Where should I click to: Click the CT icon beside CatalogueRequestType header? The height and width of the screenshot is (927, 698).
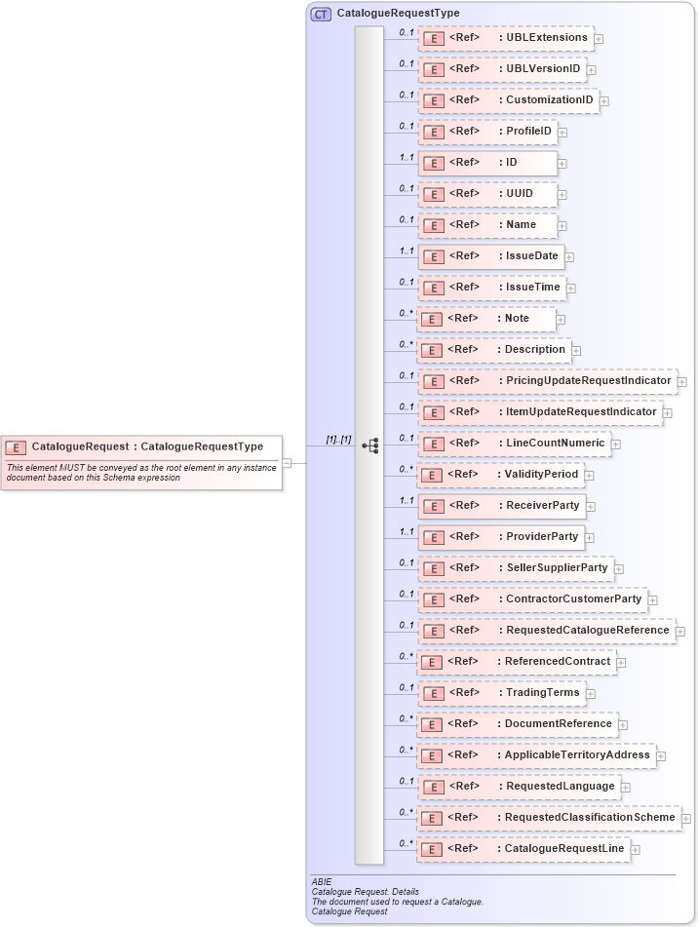coord(321,14)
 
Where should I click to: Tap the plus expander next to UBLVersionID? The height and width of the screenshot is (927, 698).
coord(592,70)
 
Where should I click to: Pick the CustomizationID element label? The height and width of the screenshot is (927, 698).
coord(549,100)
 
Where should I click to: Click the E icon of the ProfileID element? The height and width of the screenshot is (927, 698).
coord(434,132)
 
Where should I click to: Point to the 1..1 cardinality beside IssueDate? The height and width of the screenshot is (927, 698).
coord(406,251)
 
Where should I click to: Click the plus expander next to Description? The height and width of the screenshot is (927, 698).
coord(577,351)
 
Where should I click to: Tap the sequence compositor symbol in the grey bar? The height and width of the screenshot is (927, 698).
coord(369,445)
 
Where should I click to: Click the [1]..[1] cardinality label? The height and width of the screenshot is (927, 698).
coord(338,440)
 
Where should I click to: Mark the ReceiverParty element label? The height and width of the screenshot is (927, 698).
coord(542,506)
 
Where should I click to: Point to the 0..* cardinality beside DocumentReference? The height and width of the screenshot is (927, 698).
coord(406,718)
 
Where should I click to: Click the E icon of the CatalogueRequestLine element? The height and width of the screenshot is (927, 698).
coord(434,849)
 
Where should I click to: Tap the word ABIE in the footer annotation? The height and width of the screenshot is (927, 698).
coord(322,882)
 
